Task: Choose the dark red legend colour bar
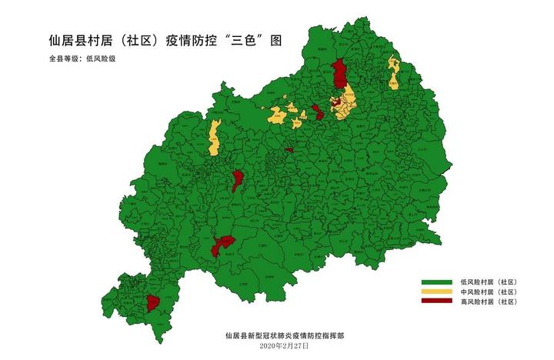[436, 302]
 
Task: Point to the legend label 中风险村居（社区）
[489, 292]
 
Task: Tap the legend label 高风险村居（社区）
[489, 302]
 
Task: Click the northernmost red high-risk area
[339, 74]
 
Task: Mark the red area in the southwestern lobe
[152, 302]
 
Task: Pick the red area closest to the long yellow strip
[238, 181]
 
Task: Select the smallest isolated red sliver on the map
[289, 149]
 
